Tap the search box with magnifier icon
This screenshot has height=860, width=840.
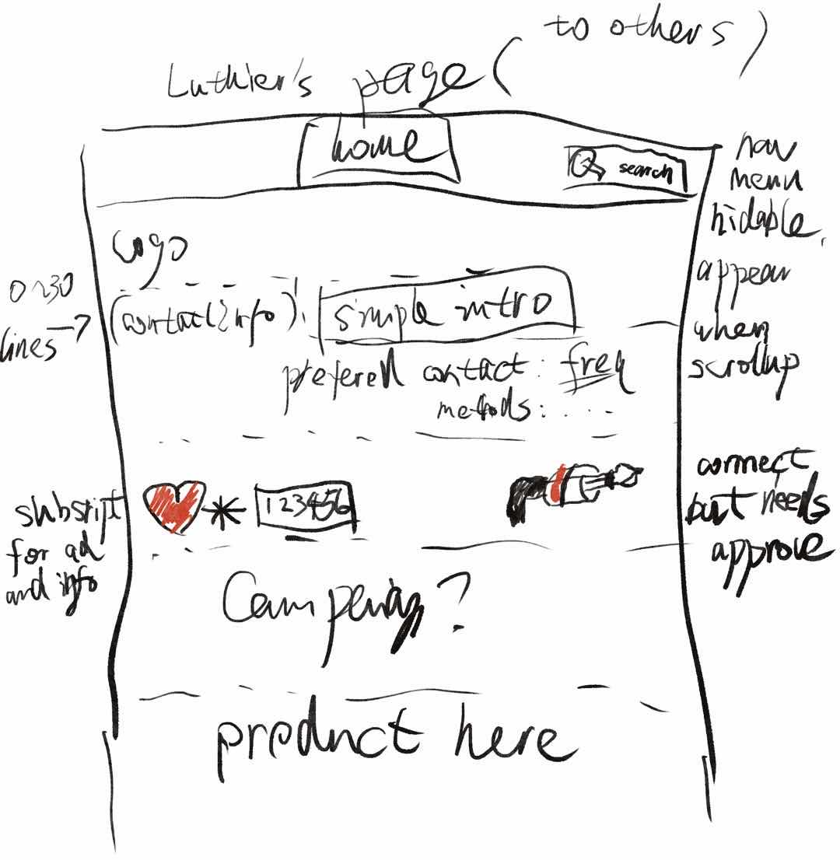tap(627, 169)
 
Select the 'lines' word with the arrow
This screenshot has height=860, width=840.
tap(31, 342)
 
